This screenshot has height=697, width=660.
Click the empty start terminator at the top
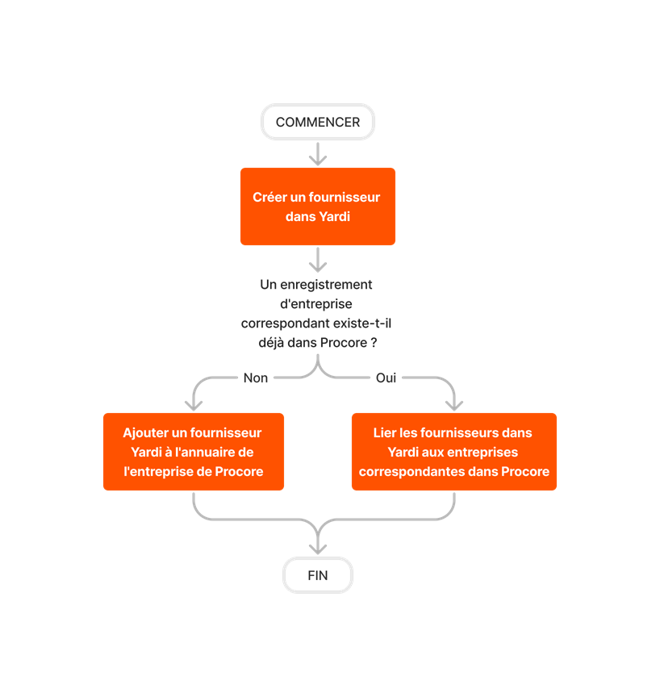(318, 122)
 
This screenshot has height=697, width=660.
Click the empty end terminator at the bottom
(318, 575)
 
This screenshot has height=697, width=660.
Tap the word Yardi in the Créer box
(333, 217)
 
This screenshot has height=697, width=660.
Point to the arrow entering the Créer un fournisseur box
(318, 155)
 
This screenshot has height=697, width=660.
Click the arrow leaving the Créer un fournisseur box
(318, 260)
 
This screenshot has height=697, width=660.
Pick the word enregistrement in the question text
(332, 285)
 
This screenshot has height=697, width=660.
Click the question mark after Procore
(374, 343)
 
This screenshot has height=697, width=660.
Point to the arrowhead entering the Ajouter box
(193, 403)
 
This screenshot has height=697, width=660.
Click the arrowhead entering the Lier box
(454, 403)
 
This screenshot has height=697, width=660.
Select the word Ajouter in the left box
(147, 433)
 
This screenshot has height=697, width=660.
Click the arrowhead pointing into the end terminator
(318, 548)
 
